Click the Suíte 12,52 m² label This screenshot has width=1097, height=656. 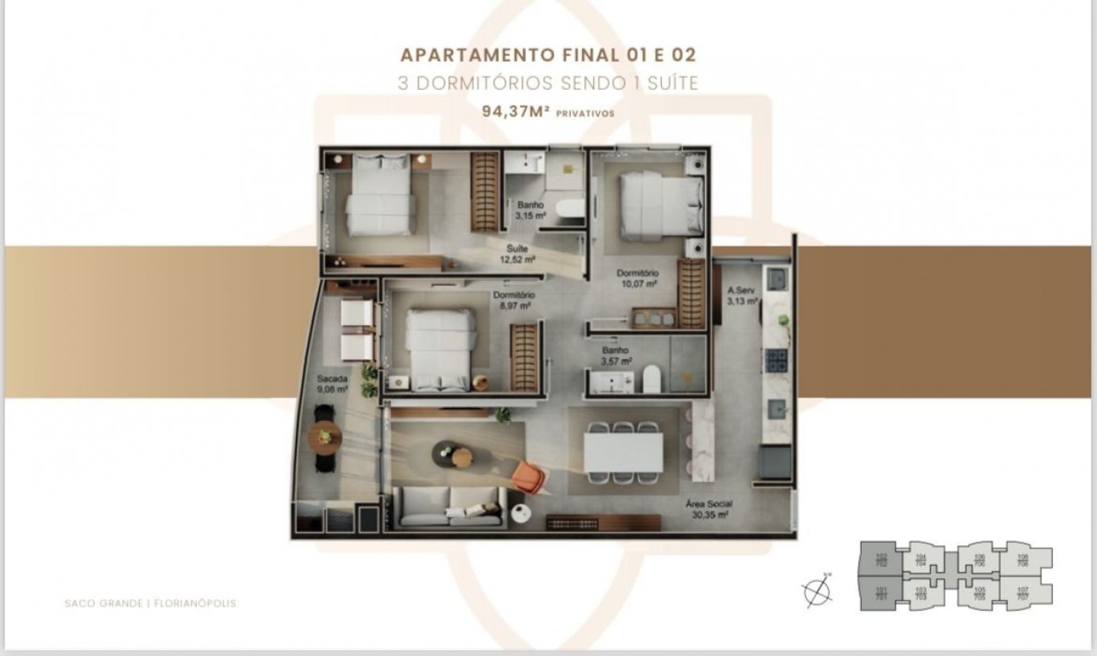[516, 254]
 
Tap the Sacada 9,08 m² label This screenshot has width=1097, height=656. [332, 383]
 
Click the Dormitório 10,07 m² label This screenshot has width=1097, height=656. [638, 278]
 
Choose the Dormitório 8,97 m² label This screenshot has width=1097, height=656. [514, 299]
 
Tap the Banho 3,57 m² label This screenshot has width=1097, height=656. [617, 355]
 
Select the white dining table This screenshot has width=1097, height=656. [623, 452]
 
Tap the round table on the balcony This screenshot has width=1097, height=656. [324, 438]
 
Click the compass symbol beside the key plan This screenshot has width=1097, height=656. [818, 592]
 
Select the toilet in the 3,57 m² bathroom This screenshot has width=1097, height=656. [651, 378]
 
